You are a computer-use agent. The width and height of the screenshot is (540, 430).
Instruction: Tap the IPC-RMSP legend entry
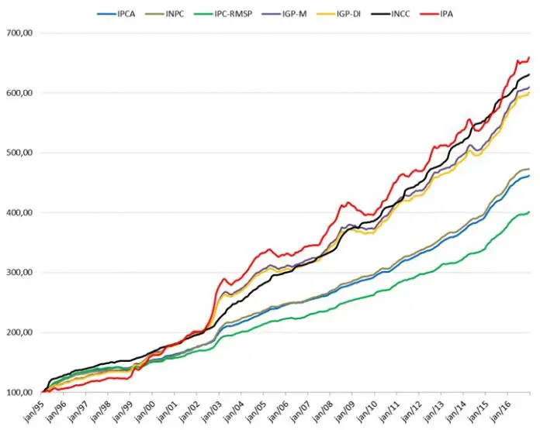(234, 13)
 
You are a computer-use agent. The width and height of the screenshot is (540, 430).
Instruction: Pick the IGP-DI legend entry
(354, 13)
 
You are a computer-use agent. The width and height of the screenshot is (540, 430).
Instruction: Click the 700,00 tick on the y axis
(22, 33)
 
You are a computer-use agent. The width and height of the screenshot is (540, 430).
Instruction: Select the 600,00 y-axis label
(22, 93)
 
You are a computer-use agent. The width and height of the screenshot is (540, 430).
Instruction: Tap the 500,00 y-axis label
(22, 153)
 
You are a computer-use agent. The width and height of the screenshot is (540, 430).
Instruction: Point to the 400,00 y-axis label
(22, 213)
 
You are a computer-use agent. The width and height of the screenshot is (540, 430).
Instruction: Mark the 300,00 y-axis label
(22, 273)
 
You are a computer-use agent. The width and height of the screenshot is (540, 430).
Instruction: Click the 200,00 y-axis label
(22, 332)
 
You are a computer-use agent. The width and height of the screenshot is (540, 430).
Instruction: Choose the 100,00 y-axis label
(22, 393)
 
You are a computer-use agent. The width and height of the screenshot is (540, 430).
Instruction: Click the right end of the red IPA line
(529, 57)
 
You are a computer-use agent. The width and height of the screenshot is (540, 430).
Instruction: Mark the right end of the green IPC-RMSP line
(529, 212)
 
